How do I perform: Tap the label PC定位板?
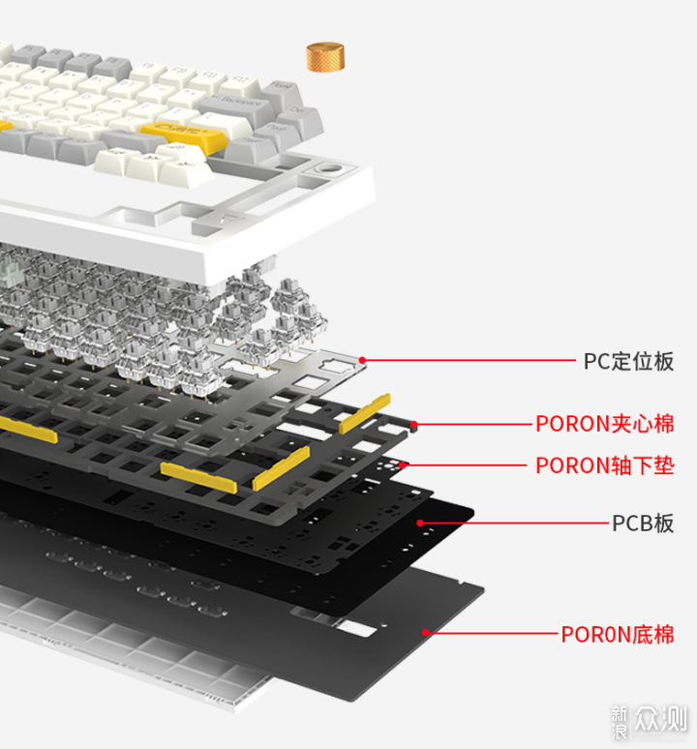click(628, 362)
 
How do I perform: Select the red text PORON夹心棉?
click(604, 424)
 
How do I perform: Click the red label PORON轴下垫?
click(604, 465)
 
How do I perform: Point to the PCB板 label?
click(642, 524)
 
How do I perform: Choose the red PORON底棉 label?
click(618, 635)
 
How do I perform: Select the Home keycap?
click(280, 89)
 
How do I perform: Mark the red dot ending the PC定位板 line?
click(363, 361)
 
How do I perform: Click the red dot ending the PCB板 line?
click(421, 523)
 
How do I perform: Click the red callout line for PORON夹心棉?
click(474, 424)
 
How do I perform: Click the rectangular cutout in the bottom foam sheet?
click(354, 629)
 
